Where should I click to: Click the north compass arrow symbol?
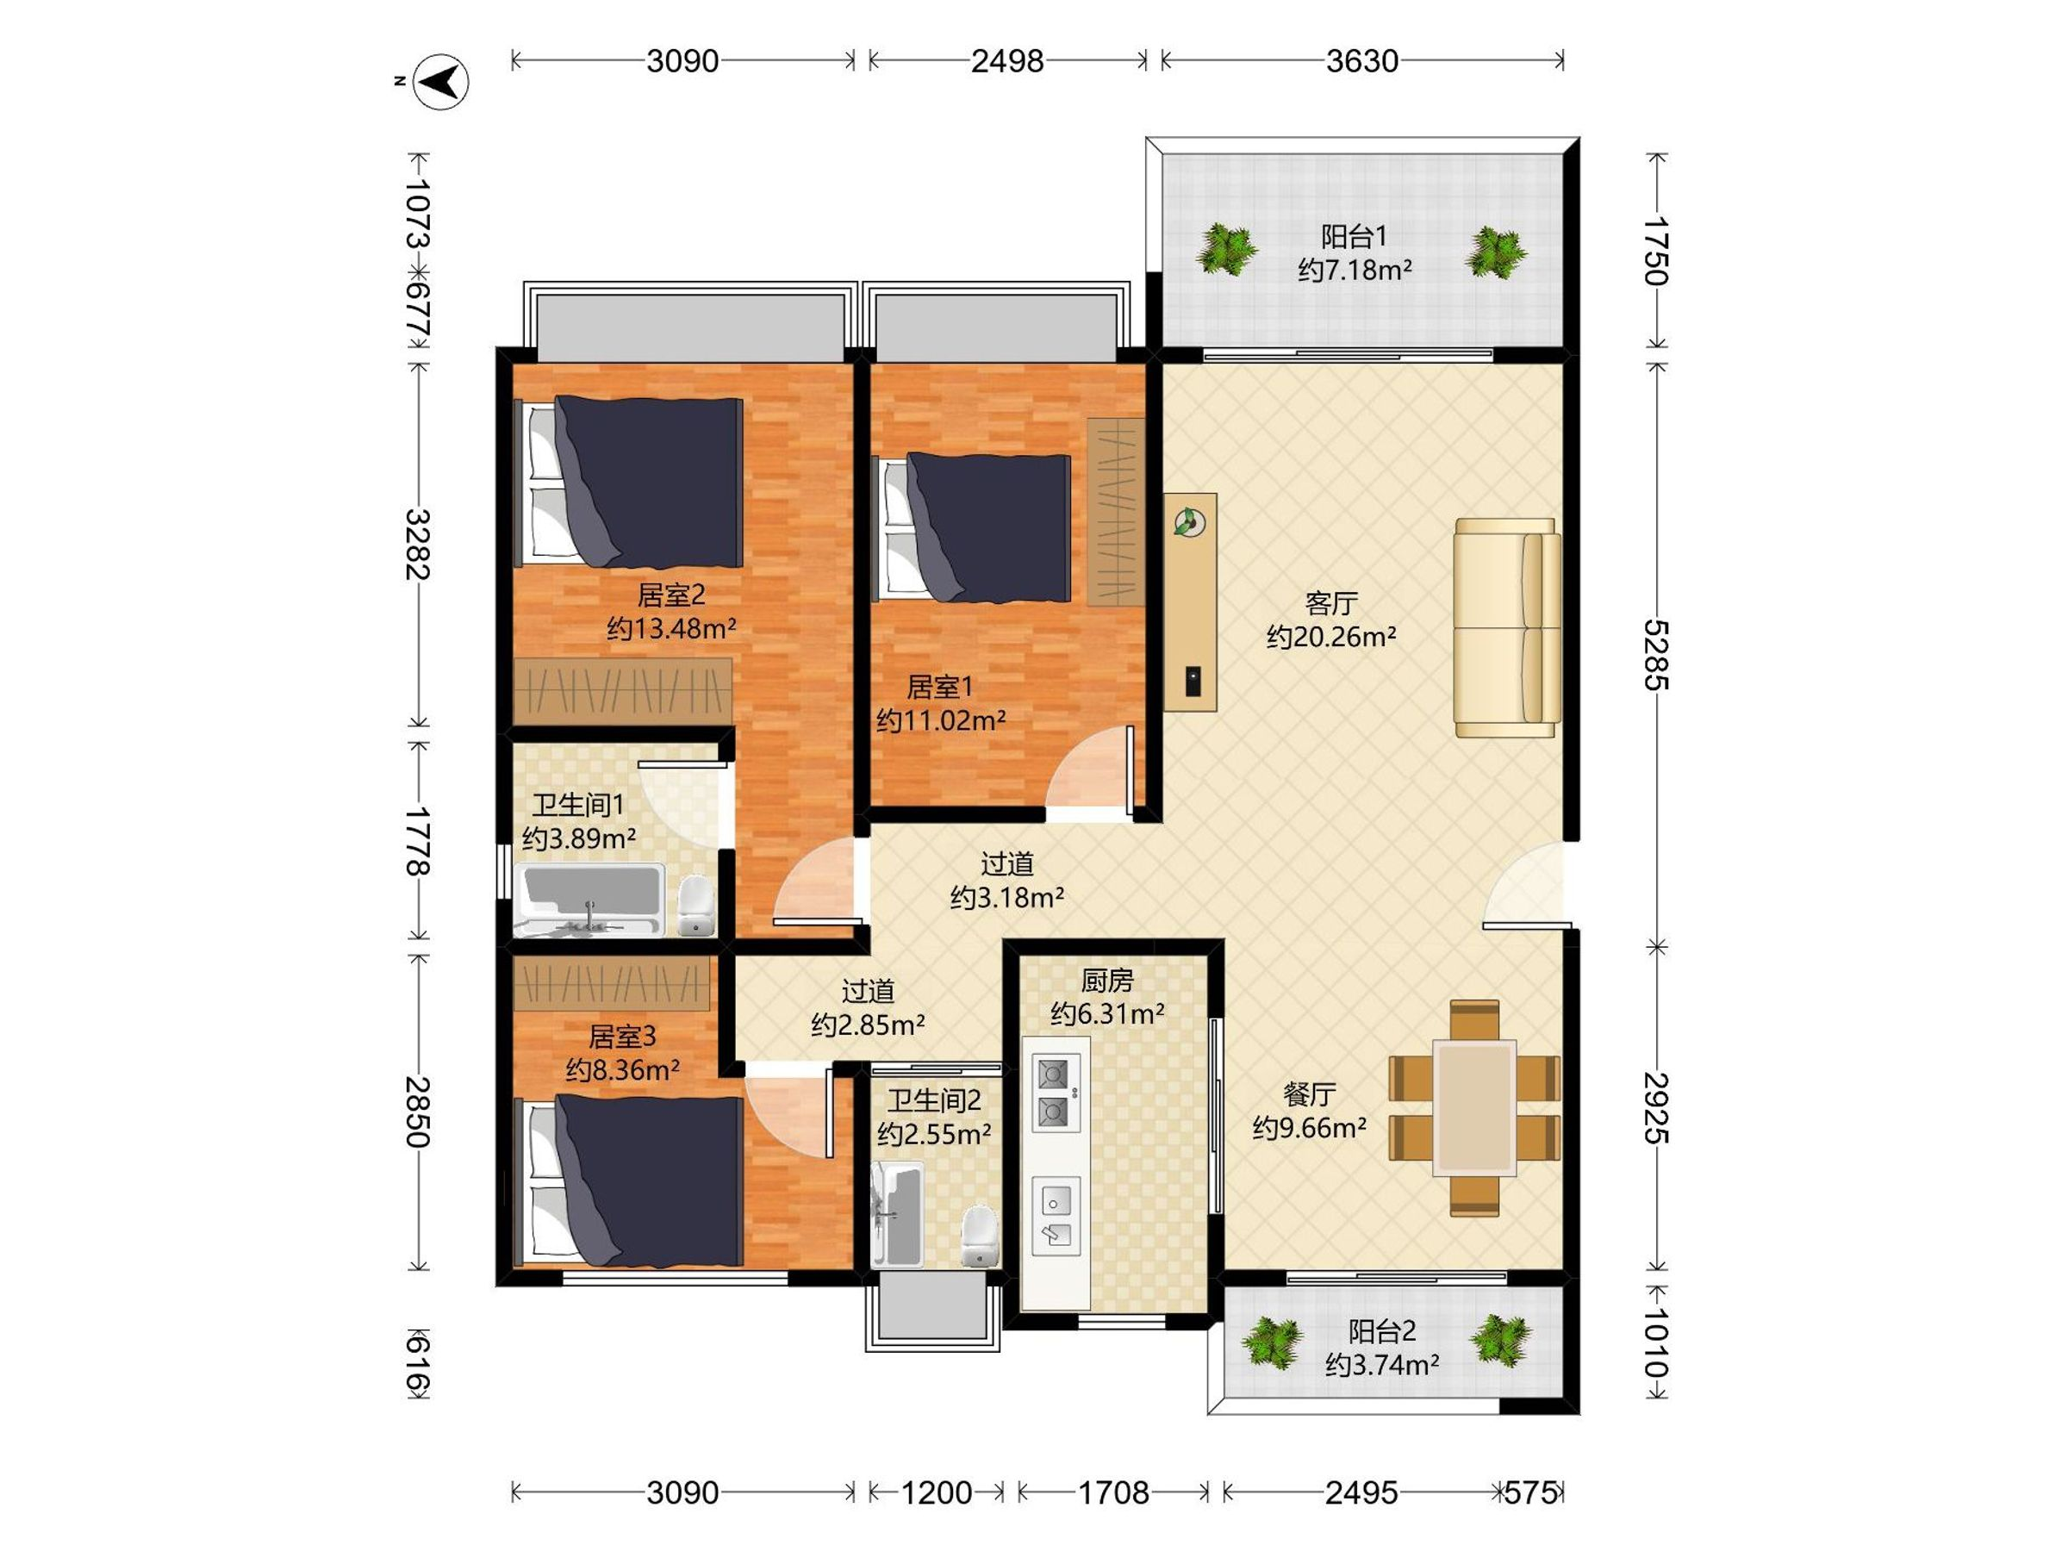(x=441, y=82)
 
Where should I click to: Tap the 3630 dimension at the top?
(x=1361, y=62)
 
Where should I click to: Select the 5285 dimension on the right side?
(x=1657, y=654)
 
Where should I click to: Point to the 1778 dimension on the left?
(x=418, y=841)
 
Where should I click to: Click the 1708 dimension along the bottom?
(x=1113, y=1493)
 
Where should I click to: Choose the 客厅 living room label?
(x=1330, y=603)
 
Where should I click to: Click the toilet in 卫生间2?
(x=979, y=1236)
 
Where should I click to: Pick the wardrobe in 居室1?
(x=1115, y=513)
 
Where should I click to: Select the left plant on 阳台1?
(x=1224, y=250)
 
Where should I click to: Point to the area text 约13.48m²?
(x=671, y=628)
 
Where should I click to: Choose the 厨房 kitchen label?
(x=1107, y=981)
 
